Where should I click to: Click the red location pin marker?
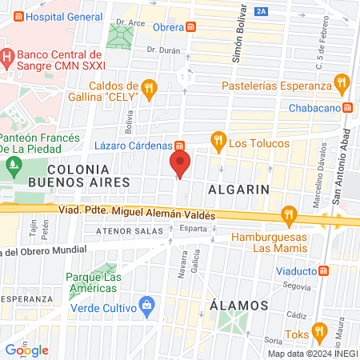point(180,166)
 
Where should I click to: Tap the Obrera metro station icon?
point(191,26)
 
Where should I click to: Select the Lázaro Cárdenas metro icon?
point(181,146)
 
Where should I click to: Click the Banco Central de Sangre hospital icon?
point(6,57)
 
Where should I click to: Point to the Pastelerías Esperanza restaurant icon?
point(342,81)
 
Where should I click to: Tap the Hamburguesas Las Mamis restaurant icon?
point(290,214)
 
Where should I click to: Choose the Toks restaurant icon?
point(319,330)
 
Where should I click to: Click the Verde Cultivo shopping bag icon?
point(146,305)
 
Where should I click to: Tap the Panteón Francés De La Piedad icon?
point(12,166)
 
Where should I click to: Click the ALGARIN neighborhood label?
point(237,189)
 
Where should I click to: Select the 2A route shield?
point(262,11)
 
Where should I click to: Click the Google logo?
point(26,350)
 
